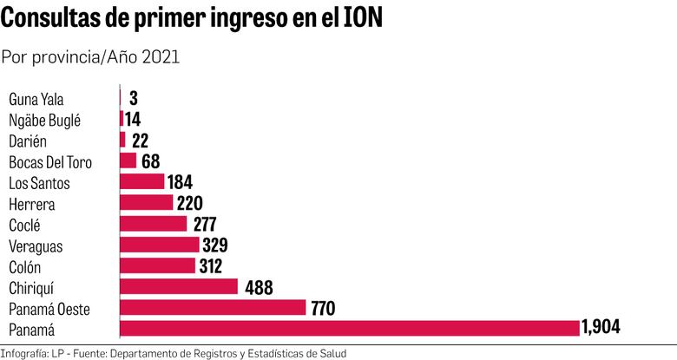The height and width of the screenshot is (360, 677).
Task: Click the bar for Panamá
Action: pos(349,328)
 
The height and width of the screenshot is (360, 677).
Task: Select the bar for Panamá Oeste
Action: pos(213,307)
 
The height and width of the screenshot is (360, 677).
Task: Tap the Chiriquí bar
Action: pos(179,286)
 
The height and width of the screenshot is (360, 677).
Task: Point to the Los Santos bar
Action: pos(141,181)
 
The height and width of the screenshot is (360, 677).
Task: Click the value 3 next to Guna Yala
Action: pos(133,98)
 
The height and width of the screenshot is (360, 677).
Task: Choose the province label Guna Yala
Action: pos(36,99)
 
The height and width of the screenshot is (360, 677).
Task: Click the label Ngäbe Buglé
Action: pos(44,120)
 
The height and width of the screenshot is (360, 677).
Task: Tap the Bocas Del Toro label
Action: pos(49,161)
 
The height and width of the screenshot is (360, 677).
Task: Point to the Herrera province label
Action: pos(31,204)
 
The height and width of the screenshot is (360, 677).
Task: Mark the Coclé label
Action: pos(25,225)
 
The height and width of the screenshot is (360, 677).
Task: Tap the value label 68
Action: pos(151,161)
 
